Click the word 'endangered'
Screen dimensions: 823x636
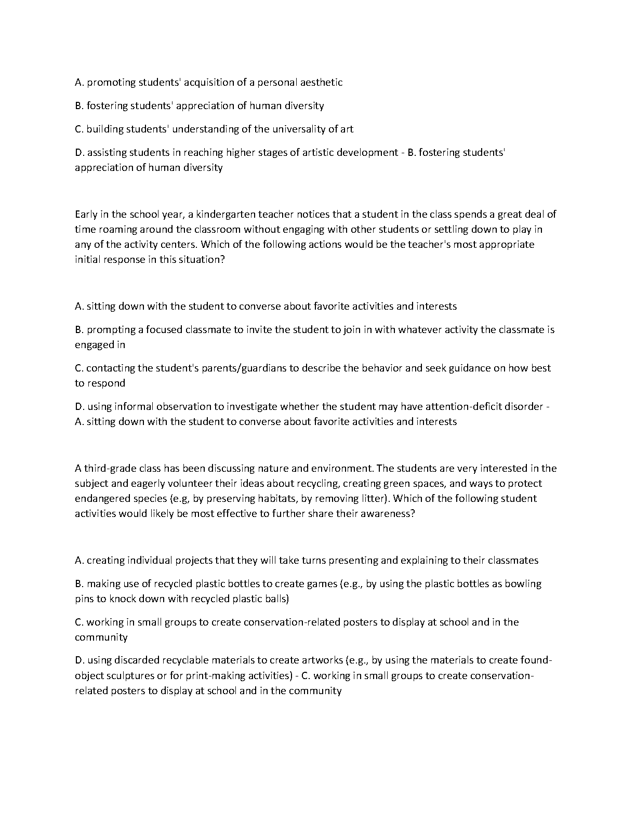coord(100,498)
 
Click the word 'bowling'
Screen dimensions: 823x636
coord(523,583)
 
